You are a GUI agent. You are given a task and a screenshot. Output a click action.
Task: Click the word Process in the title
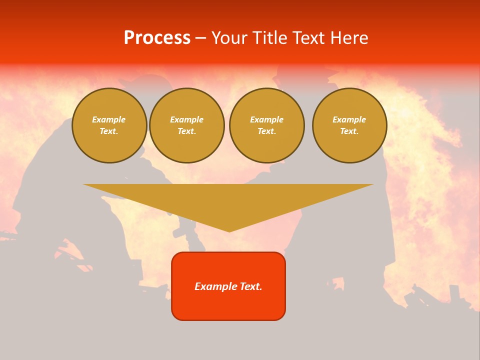(x=157, y=38)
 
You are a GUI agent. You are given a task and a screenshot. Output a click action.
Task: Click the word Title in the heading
(x=269, y=38)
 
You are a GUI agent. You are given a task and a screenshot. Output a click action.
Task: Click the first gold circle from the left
(x=109, y=125)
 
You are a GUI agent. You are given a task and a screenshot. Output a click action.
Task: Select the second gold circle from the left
(x=187, y=125)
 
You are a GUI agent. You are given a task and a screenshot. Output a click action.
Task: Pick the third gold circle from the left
(x=267, y=125)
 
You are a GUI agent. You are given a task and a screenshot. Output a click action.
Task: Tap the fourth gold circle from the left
(x=349, y=125)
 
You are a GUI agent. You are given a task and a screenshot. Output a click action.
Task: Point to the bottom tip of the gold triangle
(x=229, y=231)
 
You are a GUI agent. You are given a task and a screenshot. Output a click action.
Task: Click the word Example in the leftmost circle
(x=109, y=119)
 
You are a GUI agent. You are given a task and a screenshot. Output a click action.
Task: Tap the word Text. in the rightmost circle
(x=349, y=131)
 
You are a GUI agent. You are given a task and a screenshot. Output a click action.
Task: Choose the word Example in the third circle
(x=267, y=119)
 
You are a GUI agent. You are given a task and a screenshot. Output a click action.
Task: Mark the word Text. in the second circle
(x=187, y=131)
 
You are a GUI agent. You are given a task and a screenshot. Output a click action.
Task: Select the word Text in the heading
(x=308, y=38)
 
